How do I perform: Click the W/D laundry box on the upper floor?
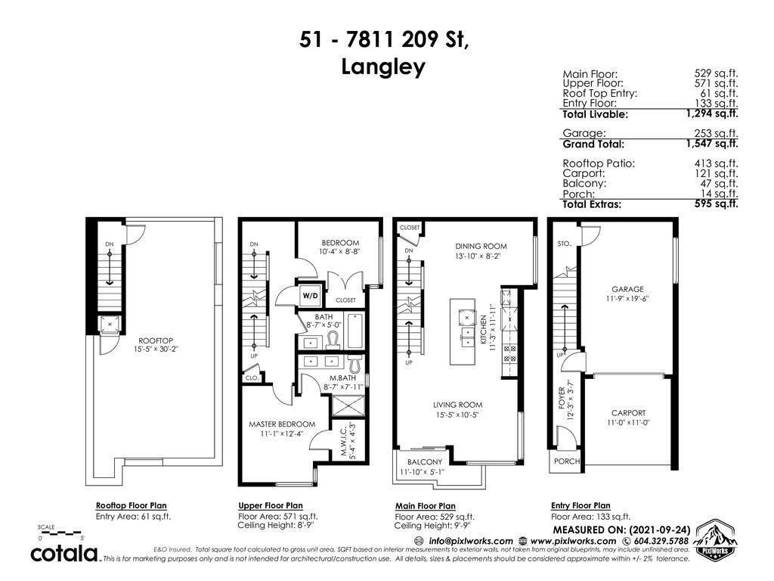[310, 295]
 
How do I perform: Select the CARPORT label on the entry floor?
[627, 413]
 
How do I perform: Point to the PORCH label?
[566, 461]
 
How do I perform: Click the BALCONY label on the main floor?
[424, 461]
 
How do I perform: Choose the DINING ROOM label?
[481, 246]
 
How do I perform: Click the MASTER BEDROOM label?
[282, 424]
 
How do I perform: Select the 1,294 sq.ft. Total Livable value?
[711, 113]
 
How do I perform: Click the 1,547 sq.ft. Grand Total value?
[711, 143]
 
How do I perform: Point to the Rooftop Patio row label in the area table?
[599, 163]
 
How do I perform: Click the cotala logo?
[65, 554]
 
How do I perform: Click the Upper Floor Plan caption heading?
[271, 505]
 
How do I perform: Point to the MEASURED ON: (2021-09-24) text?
[621, 530]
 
